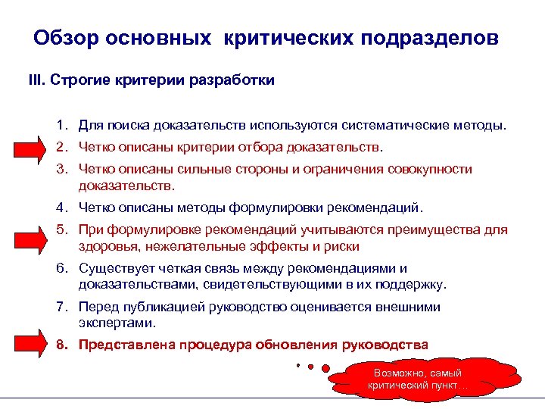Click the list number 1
[60, 123]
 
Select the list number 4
[60, 208]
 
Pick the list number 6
[60, 269]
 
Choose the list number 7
[60, 308]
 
